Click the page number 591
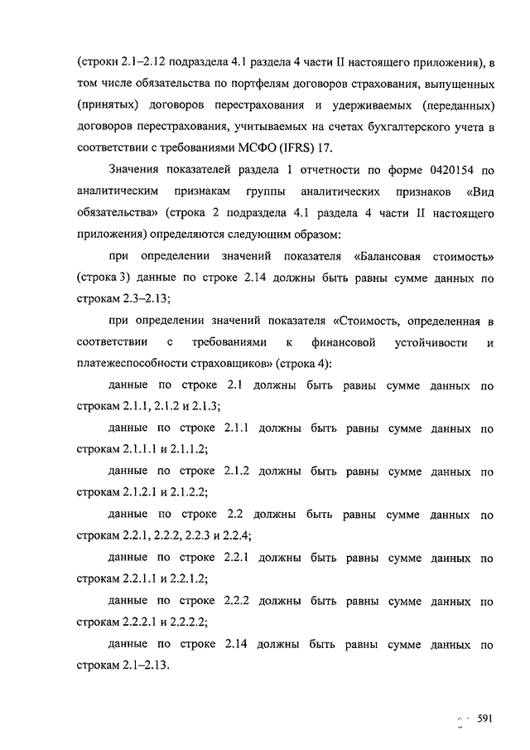coord(485,719)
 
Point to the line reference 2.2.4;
coord(236,535)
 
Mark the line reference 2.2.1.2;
coord(185,578)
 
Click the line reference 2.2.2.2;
coord(185,622)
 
